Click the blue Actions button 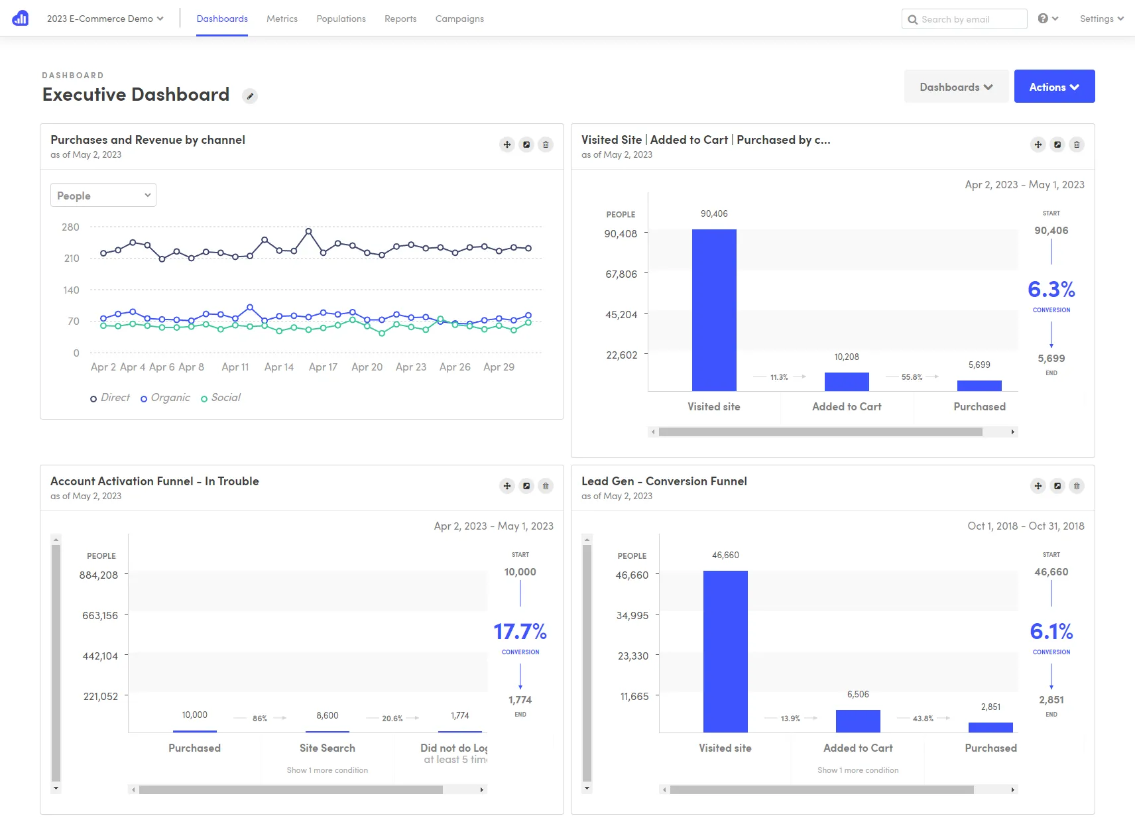tap(1053, 87)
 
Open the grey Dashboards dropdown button tap(955, 87)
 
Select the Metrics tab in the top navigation tap(282, 19)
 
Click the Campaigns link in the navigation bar tap(459, 19)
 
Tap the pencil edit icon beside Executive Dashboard tap(250, 96)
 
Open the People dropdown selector tap(103, 196)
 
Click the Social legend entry tap(225, 398)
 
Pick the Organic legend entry tap(170, 398)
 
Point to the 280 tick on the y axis tap(70, 227)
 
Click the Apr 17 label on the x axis tap(323, 367)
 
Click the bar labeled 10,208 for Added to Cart tap(847, 381)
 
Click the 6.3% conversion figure tap(1051, 290)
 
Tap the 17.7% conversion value tap(520, 632)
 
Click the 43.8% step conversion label tap(923, 719)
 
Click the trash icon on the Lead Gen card tap(1077, 486)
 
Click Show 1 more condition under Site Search tap(327, 770)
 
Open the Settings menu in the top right tap(1101, 19)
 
